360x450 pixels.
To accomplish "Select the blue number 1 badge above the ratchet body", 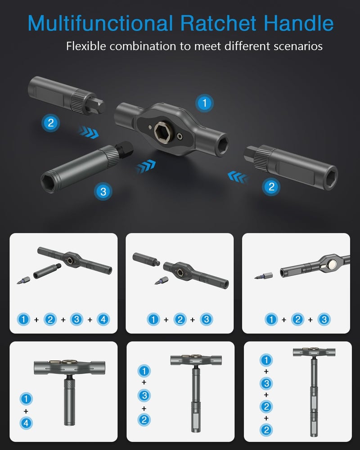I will click(x=205, y=103).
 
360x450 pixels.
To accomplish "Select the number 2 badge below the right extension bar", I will click(x=271, y=186).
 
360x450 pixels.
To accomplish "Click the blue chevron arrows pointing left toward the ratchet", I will click(x=238, y=176).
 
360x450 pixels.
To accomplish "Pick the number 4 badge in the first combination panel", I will click(x=103, y=320).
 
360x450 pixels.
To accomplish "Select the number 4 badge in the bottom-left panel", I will click(x=26, y=423).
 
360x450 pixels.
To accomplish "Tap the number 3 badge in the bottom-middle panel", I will click(x=144, y=396).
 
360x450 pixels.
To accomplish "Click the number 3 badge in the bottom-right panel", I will click(x=266, y=383).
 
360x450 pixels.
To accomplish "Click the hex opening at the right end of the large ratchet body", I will click(x=220, y=145).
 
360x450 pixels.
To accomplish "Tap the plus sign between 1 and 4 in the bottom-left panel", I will click(x=26, y=411).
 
